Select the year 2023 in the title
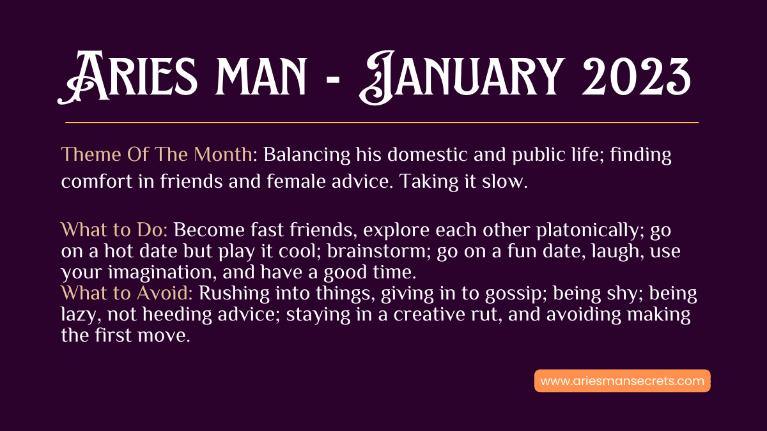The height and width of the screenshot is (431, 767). pyautogui.click(x=636, y=77)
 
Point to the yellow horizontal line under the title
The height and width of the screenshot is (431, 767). pyautogui.click(x=382, y=122)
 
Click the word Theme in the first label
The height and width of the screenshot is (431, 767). pyautogui.click(x=91, y=155)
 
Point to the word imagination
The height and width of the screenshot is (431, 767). pyautogui.click(x=162, y=273)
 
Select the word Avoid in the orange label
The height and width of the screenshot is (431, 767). pyautogui.click(x=164, y=294)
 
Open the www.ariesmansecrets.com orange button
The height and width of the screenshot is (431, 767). pyautogui.click(x=622, y=381)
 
